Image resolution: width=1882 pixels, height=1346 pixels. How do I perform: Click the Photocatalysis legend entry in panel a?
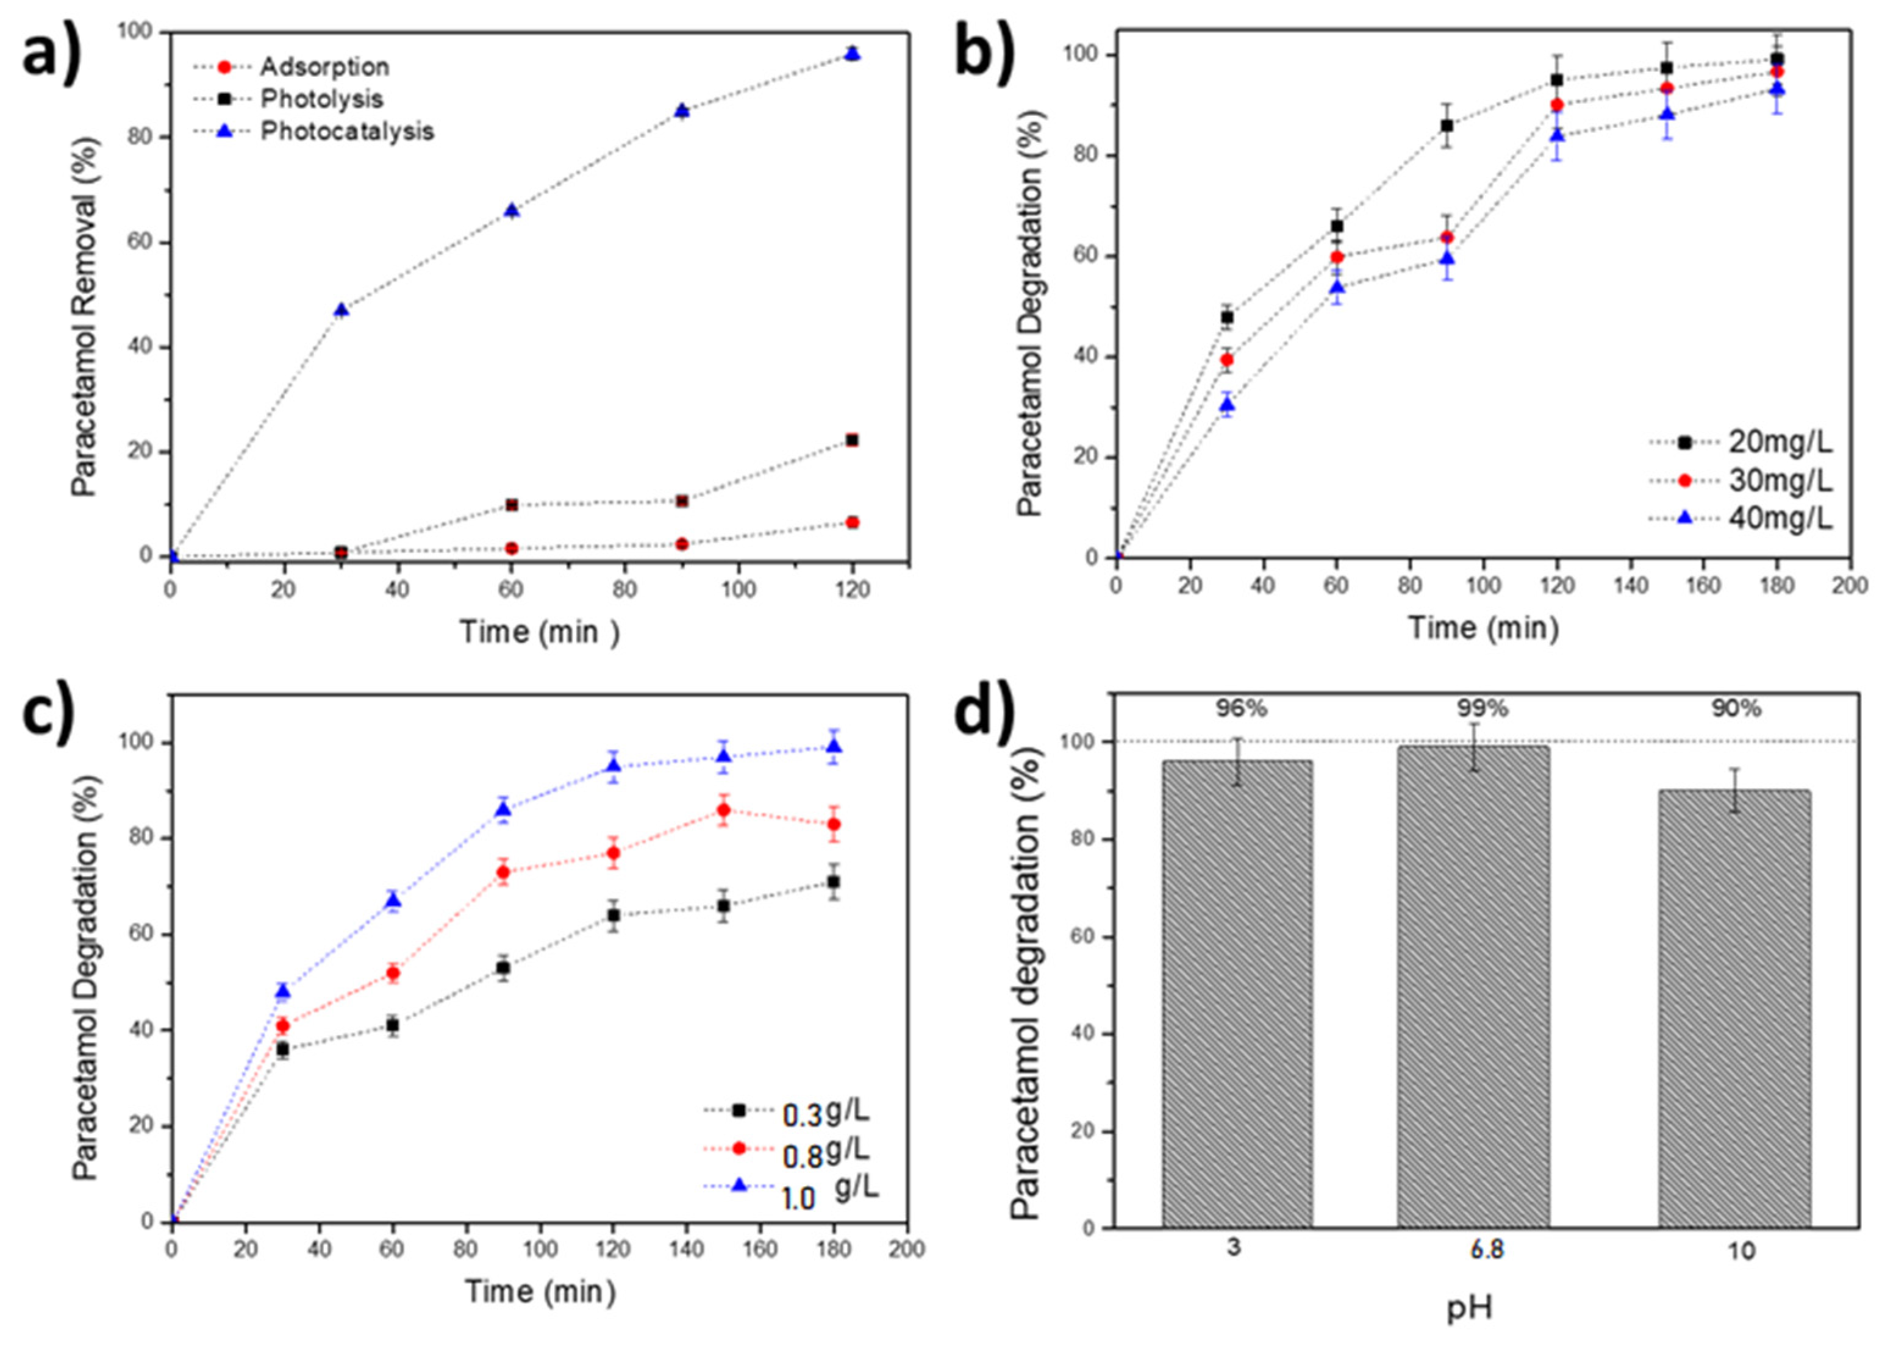point(346,131)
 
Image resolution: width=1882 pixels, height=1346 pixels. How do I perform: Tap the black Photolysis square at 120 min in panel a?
point(851,440)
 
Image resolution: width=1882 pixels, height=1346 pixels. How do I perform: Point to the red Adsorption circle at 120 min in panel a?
point(851,522)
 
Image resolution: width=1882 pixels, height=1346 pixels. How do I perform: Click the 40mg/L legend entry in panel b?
point(1780,519)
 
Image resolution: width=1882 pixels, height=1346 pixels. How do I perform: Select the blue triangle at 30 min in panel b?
point(1226,404)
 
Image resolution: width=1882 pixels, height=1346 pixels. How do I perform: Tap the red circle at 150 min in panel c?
point(723,810)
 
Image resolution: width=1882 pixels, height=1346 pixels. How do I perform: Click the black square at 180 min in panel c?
point(833,882)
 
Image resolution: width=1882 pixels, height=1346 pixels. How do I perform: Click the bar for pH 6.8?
point(1472,986)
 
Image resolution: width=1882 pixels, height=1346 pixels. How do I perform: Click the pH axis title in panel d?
point(1469,1309)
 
